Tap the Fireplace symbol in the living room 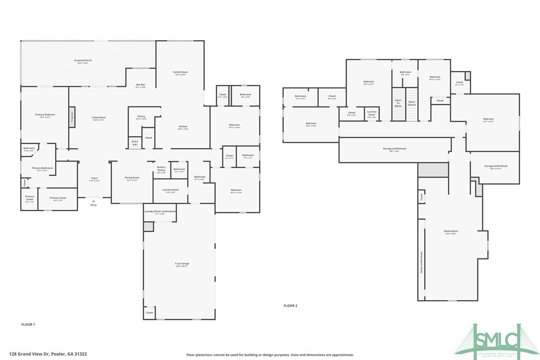[x=72, y=117]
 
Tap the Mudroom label [x=199, y=178]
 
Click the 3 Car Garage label [x=182, y=264]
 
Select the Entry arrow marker [x=93, y=200]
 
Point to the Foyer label [x=93, y=179]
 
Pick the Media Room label [x=450, y=232]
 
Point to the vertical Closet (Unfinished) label [x=422, y=263]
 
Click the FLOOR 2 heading [x=290, y=306]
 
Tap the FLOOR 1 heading [x=28, y=325]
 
